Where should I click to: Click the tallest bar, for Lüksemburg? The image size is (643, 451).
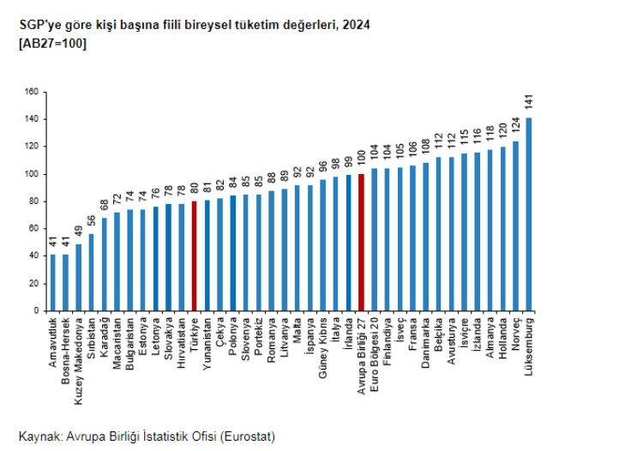click(528, 213)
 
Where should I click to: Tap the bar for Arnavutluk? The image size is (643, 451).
click(52, 282)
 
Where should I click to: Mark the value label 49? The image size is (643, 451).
click(79, 232)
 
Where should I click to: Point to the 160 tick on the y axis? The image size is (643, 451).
click(32, 92)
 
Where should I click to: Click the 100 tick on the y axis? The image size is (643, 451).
click(32, 174)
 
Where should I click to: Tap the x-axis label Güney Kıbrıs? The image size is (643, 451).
click(322, 343)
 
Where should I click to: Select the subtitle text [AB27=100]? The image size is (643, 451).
click(51, 44)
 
